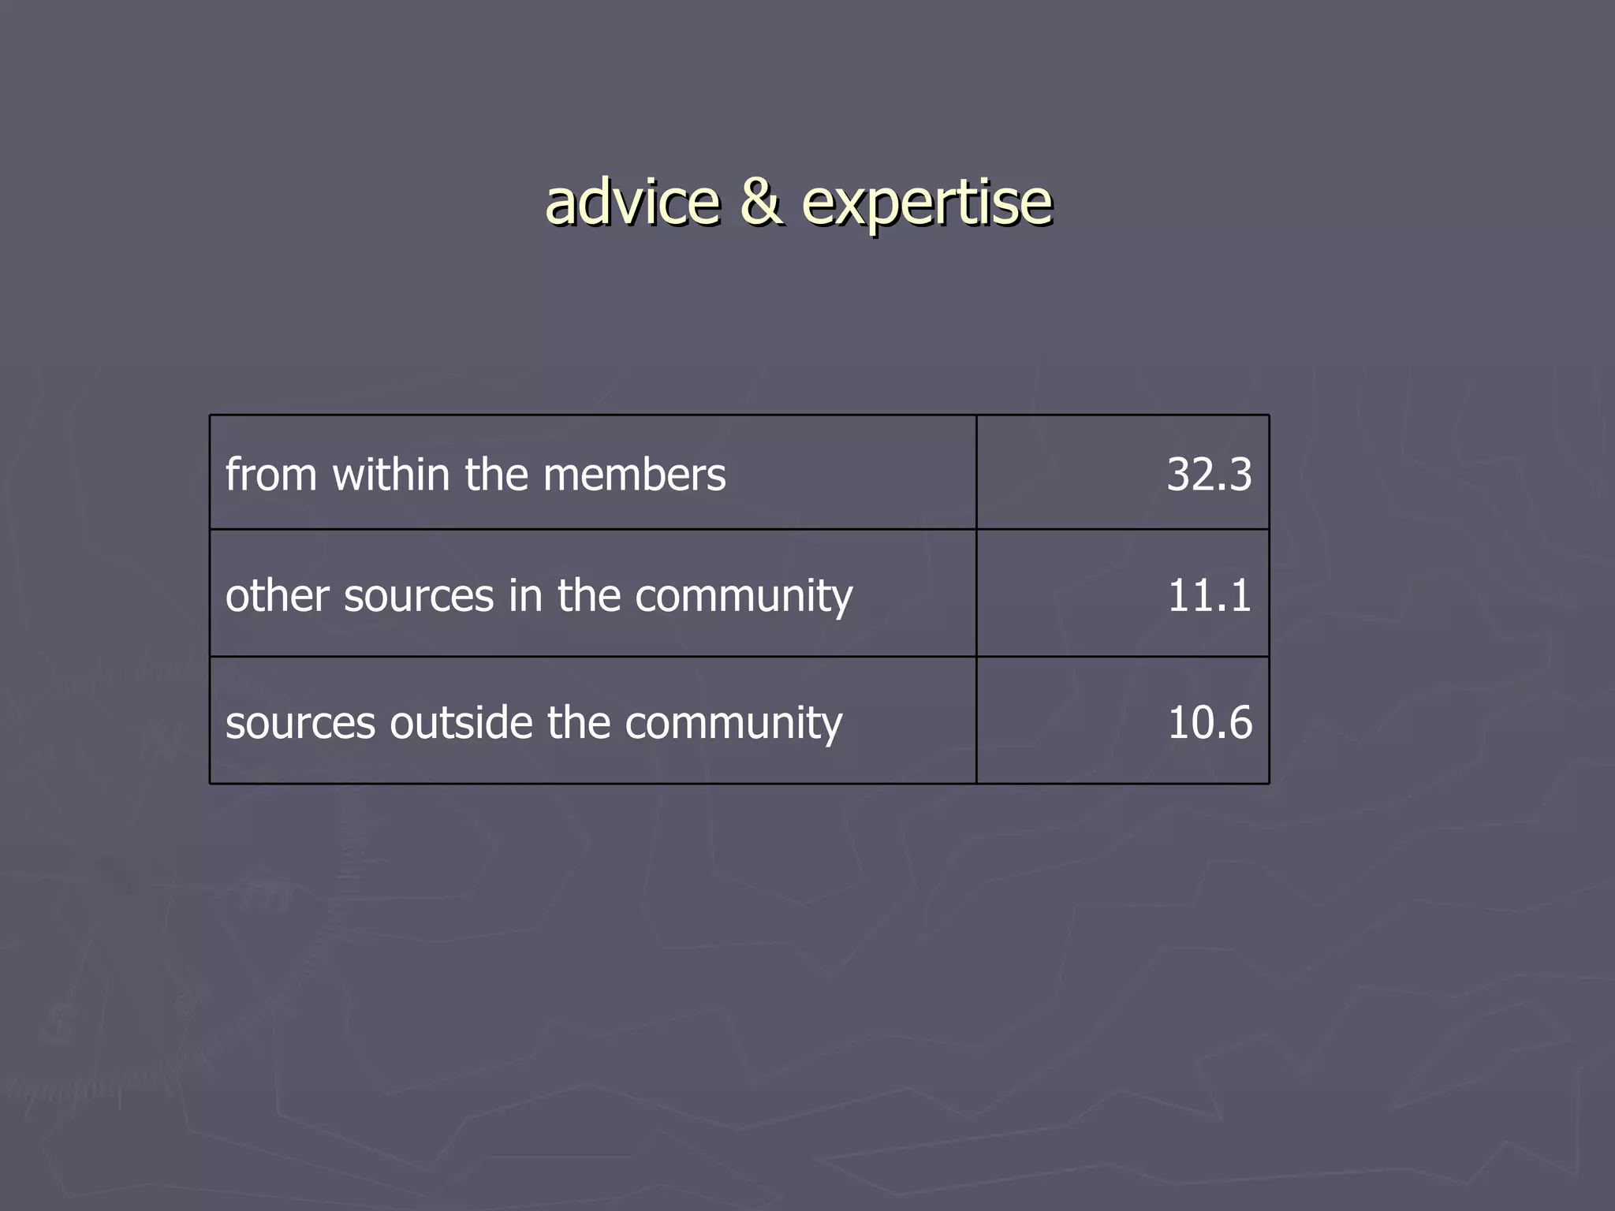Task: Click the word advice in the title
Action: [x=632, y=202]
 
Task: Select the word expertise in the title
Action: [x=927, y=203]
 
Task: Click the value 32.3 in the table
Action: [x=1208, y=475]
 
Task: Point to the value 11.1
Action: [x=1208, y=595]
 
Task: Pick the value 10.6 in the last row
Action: [x=1208, y=722]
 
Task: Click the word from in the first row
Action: [x=270, y=475]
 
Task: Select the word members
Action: [x=634, y=475]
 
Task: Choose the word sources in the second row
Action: [x=419, y=597]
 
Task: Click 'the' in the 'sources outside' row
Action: [x=578, y=722]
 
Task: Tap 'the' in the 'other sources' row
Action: [x=588, y=595]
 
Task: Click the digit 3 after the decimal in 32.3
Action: [x=1238, y=475]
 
